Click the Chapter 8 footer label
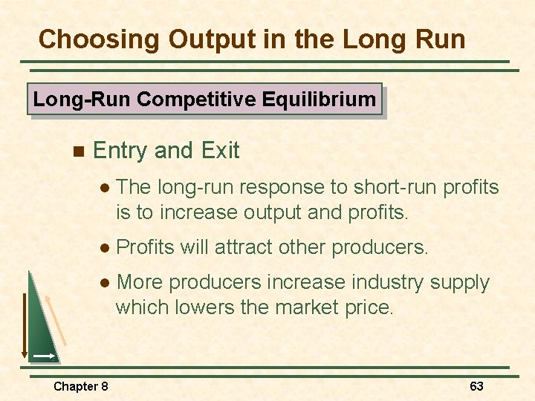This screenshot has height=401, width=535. pyautogui.click(x=80, y=386)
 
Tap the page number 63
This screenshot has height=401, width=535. pyautogui.click(x=476, y=386)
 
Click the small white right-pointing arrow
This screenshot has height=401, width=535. pyautogui.click(x=45, y=356)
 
